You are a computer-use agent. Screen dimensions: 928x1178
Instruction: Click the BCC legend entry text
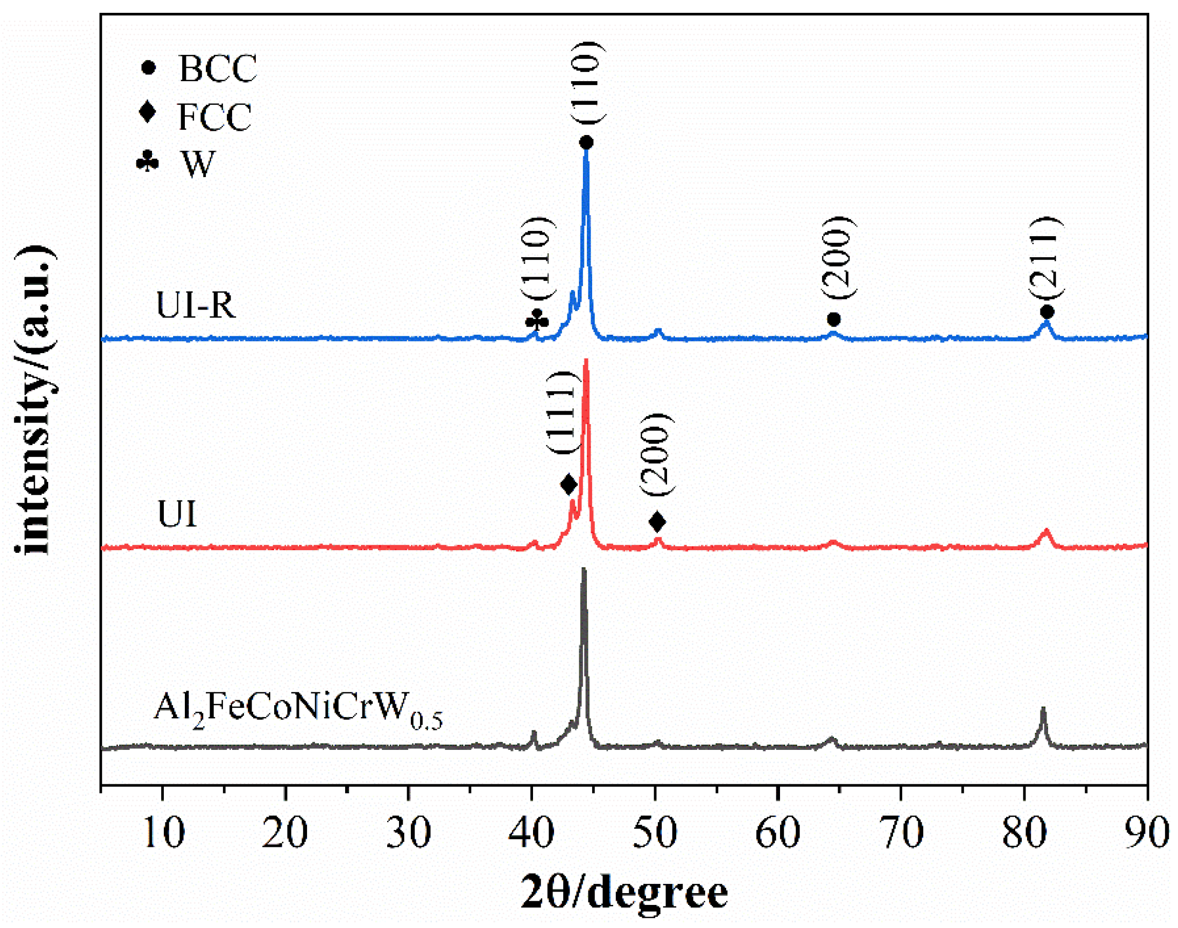pyautogui.click(x=217, y=69)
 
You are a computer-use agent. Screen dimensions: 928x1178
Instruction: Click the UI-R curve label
pyautogui.click(x=196, y=305)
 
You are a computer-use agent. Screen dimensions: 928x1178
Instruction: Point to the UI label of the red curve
pyautogui.click(x=176, y=514)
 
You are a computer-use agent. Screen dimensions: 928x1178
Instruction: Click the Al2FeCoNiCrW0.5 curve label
pyautogui.click(x=297, y=709)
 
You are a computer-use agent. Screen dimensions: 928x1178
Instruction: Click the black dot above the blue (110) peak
pyautogui.click(x=586, y=143)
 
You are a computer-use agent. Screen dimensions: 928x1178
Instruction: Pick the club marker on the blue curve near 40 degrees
pyautogui.click(x=537, y=320)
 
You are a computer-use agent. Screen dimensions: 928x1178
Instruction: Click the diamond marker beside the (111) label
pyautogui.click(x=568, y=484)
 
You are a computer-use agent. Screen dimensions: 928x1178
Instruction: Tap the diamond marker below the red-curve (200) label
pyautogui.click(x=657, y=521)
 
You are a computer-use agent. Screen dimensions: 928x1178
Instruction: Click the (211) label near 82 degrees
pyautogui.click(x=1045, y=258)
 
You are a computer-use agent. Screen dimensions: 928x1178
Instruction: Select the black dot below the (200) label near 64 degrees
pyautogui.click(x=833, y=319)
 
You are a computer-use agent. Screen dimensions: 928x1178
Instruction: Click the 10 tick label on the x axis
pyautogui.click(x=163, y=833)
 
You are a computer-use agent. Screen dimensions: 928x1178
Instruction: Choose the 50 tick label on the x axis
pyautogui.click(x=655, y=833)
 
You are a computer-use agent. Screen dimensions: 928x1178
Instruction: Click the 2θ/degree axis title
pyautogui.click(x=624, y=893)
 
